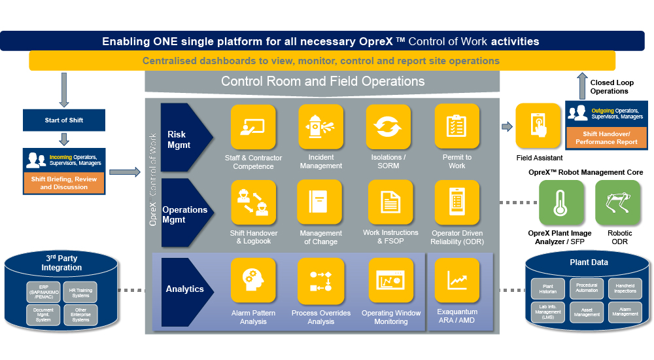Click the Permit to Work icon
click(456, 127)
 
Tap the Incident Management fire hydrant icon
click(320, 127)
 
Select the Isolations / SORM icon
click(388, 127)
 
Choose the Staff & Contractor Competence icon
click(253, 127)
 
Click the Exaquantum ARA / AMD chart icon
click(456, 280)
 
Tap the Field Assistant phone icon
click(538, 126)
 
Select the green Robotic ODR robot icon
click(618, 203)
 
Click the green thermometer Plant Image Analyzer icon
click(560, 203)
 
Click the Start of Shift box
click(63, 120)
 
